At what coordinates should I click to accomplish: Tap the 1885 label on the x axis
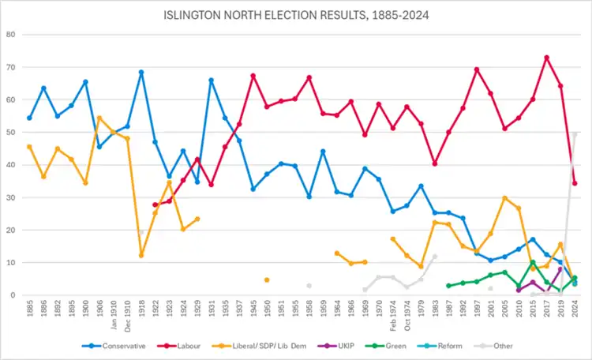[x=30, y=309]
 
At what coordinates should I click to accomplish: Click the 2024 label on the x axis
[x=575, y=309]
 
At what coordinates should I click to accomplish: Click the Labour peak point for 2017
[x=546, y=58]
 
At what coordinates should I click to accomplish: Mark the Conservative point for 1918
[x=141, y=73]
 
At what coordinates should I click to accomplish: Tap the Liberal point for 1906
[x=99, y=118]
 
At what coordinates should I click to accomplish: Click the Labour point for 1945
[x=253, y=76]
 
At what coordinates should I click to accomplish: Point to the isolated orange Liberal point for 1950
[x=267, y=279]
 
